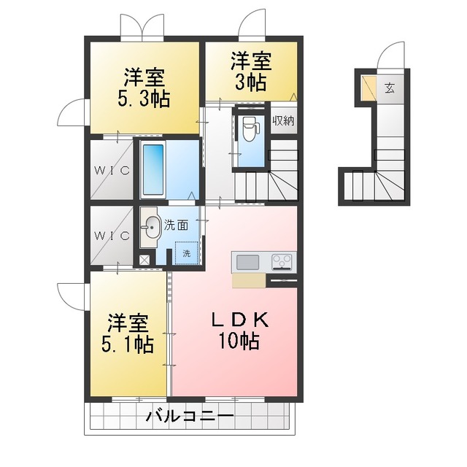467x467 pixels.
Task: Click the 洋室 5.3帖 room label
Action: coord(144,88)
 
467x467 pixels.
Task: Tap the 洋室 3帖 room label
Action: coord(251,72)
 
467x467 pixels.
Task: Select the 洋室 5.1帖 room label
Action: coord(128,333)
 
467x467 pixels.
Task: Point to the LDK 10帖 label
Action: coord(239,331)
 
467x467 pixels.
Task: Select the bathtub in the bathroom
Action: coord(153,170)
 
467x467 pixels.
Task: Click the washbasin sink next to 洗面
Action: coord(151,227)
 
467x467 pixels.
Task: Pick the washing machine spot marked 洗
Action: coord(187,253)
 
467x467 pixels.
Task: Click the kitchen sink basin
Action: coord(248,263)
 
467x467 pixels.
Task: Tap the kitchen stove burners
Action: coord(282,262)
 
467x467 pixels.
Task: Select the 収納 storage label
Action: coord(284,121)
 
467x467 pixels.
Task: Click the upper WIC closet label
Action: coord(112,170)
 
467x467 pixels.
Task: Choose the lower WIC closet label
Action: coord(112,236)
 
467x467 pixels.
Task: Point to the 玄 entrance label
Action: coord(390,88)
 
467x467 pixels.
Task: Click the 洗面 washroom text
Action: coord(177,225)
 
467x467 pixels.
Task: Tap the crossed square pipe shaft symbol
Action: coord(144,260)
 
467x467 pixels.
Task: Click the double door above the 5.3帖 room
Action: coord(142,27)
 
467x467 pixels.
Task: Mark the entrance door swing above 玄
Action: coord(391,56)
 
